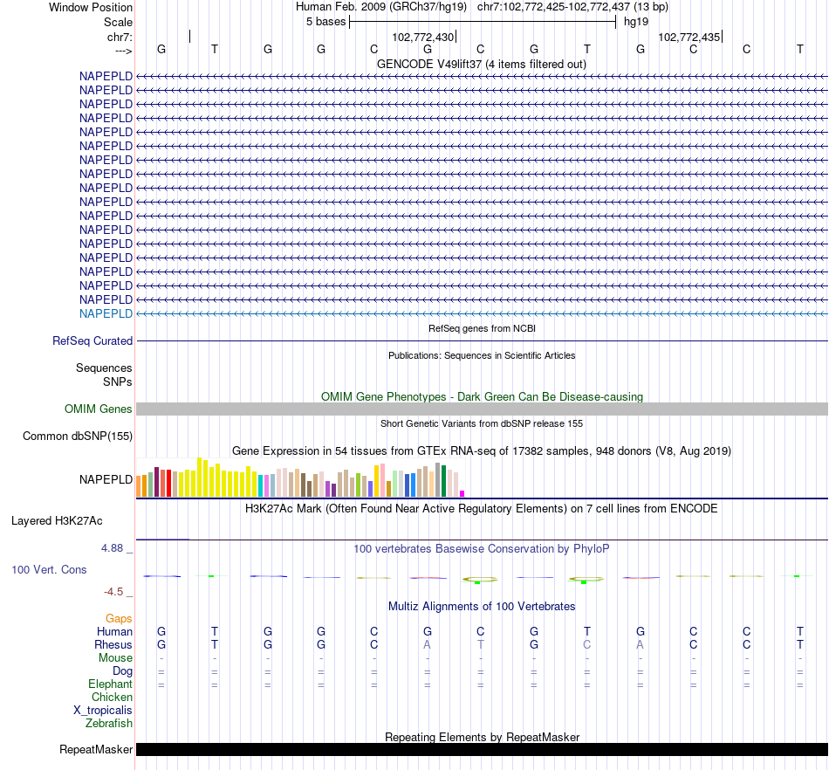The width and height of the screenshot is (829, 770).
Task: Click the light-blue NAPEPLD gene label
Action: tap(106, 313)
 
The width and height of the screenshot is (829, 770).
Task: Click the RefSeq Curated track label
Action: tap(92, 341)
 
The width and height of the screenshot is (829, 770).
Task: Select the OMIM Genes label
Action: tap(99, 409)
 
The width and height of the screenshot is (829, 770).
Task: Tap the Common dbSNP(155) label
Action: tap(78, 437)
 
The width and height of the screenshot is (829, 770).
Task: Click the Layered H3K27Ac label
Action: tap(57, 521)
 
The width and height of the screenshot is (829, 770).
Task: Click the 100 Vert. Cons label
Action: tap(49, 570)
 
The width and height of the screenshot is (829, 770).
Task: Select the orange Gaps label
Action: tap(119, 619)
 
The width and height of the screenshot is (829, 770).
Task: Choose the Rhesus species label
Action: tap(113, 645)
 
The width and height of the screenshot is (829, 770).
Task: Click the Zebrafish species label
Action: tap(109, 724)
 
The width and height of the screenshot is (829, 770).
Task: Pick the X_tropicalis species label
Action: tap(103, 711)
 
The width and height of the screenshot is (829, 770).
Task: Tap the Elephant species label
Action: tap(111, 684)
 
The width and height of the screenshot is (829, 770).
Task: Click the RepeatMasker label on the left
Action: tap(96, 750)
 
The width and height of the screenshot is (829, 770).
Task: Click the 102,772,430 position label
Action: tap(423, 38)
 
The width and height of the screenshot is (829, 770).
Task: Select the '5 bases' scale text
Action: tap(325, 22)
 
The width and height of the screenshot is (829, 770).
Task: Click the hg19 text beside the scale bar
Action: tap(636, 22)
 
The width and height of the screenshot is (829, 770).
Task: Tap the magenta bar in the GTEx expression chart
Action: tap(462, 493)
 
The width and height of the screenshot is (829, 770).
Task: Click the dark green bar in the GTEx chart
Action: tap(444, 481)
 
